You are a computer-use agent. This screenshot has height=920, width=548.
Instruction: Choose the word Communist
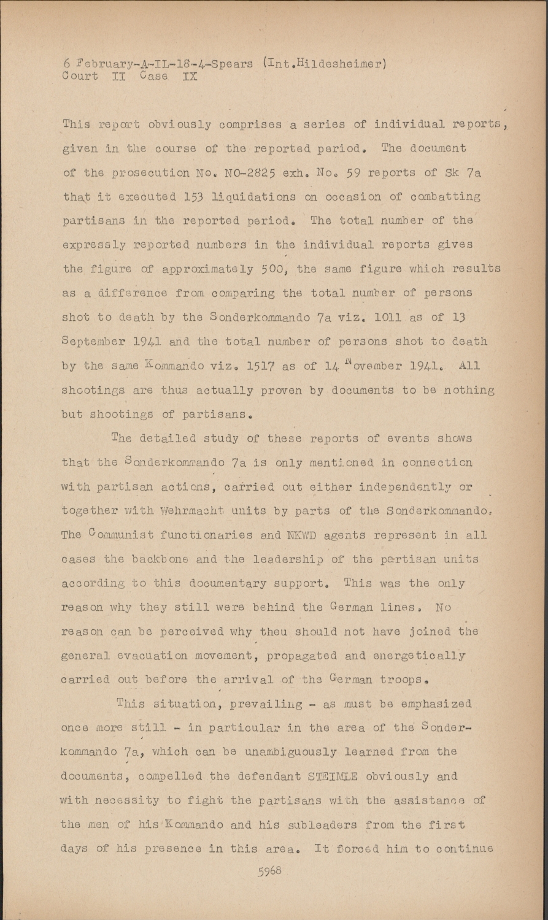coord(118,535)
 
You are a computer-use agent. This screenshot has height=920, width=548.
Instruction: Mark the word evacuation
coord(158,656)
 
